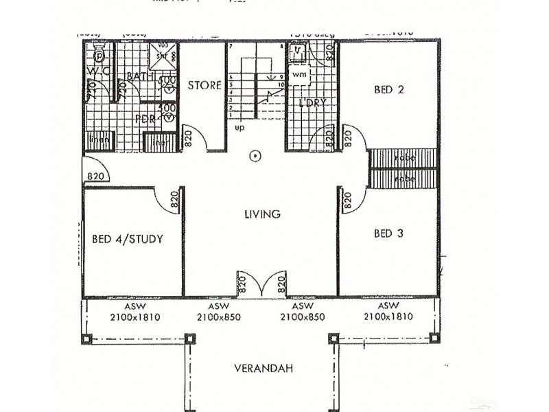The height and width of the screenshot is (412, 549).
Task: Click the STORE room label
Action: click(x=205, y=86)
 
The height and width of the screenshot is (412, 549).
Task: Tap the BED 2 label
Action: click(x=388, y=89)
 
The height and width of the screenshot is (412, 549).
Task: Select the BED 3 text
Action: click(x=388, y=233)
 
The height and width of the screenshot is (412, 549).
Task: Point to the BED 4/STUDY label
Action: click(x=127, y=240)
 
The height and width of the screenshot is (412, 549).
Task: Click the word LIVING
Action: click(x=262, y=214)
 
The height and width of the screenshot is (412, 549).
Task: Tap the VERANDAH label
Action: click(x=264, y=369)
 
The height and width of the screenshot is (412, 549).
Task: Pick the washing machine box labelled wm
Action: click(x=300, y=73)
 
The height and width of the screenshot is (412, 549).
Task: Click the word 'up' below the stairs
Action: click(x=239, y=128)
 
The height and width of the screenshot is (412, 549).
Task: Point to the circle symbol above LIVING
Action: click(x=255, y=156)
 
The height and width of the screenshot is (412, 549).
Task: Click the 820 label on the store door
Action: click(x=187, y=141)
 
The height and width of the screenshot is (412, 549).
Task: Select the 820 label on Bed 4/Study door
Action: click(x=174, y=201)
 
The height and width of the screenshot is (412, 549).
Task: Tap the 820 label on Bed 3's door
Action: click(x=347, y=201)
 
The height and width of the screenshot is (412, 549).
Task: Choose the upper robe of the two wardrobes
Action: click(x=404, y=158)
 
